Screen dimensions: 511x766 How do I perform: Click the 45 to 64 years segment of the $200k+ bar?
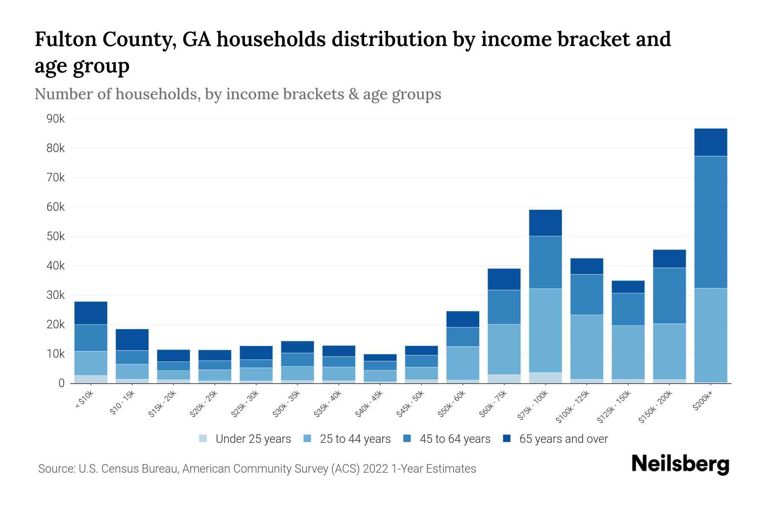click(710, 222)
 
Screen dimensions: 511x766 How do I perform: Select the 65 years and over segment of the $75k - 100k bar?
click(545, 223)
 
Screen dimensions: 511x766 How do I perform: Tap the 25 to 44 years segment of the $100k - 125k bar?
click(586, 347)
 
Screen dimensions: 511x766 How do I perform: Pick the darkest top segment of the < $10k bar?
click(91, 313)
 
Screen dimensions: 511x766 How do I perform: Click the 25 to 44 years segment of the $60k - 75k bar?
click(504, 349)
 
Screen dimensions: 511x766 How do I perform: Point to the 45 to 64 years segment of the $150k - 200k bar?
click(669, 296)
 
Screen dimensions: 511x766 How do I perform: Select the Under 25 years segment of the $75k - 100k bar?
click(545, 378)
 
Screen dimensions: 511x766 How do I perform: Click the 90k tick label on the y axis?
click(55, 119)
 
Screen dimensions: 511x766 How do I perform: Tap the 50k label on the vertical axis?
click(55, 236)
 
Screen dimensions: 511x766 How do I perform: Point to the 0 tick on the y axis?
click(61, 383)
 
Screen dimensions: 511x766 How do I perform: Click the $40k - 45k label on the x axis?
click(369, 404)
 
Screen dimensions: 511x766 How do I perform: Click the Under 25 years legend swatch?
click(203, 439)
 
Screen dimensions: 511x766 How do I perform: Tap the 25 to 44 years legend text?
click(355, 439)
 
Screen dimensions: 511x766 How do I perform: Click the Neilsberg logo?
click(680, 464)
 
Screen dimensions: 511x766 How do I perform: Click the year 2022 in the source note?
click(375, 469)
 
